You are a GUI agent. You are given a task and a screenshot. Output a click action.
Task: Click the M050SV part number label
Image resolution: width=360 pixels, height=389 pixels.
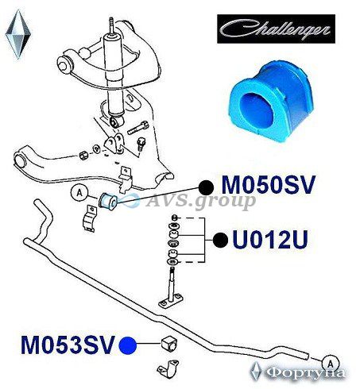[x=269, y=185]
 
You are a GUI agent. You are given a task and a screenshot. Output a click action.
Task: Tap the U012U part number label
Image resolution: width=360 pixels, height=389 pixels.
[x=270, y=240]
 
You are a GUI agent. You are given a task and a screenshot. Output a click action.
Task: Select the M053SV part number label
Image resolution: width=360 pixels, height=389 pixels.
[x=68, y=345]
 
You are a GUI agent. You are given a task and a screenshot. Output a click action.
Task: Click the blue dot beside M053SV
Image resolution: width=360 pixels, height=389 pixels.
[x=128, y=345]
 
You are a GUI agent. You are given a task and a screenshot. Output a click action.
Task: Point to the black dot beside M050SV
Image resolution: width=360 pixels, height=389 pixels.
[x=207, y=187]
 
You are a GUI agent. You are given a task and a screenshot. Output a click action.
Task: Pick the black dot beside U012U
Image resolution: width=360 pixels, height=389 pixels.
[x=220, y=241]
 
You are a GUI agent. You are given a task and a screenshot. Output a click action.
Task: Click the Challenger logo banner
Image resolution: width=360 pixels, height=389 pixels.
[x=276, y=29]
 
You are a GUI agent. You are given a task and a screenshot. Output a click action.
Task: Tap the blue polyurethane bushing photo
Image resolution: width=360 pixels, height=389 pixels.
[x=271, y=101]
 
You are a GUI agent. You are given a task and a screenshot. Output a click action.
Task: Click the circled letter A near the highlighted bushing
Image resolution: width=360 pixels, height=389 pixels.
[x=79, y=193]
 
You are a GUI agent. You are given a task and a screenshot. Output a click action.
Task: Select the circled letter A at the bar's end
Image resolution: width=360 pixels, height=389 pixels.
[x=330, y=364]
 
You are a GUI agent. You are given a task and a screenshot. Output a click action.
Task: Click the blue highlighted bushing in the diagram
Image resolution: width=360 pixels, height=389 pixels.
[x=108, y=202]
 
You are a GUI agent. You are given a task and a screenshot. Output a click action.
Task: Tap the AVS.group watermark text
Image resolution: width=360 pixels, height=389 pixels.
[x=201, y=202]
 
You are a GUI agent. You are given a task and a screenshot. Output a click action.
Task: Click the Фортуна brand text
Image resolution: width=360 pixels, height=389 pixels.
[x=305, y=373]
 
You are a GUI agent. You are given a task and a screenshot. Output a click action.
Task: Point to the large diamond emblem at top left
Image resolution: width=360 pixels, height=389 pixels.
[x=18, y=34]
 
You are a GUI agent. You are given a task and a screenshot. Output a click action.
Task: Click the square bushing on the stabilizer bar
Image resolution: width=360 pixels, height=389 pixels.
[x=170, y=343]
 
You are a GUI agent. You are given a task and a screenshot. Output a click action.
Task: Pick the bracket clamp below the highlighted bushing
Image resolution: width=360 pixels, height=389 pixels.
[x=89, y=219]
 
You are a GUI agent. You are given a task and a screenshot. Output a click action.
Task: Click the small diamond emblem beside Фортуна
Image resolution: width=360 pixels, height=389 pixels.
[x=256, y=372]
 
